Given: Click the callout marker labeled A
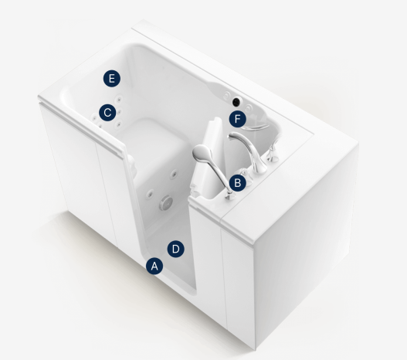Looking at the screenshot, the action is click(x=154, y=266).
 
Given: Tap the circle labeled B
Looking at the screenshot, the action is click(x=238, y=183).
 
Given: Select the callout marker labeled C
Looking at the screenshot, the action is click(x=107, y=113).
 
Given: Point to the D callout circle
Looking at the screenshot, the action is click(x=176, y=249).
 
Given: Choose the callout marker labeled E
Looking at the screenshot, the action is click(x=112, y=78).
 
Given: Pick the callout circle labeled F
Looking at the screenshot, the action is click(x=238, y=119).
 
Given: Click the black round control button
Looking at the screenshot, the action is click(x=236, y=102).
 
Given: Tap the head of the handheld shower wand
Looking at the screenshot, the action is click(x=202, y=153).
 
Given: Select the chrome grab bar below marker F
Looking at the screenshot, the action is click(x=256, y=127).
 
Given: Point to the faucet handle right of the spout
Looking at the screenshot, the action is click(x=273, y=153).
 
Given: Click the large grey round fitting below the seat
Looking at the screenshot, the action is click(x=165, y=202).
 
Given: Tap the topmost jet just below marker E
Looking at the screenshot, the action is click(x=119, y=99).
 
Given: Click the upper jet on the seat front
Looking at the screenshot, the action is click(x=174, y=174).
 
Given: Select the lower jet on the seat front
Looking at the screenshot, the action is click(x=150, y=193).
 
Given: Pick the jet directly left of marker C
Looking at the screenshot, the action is click(x=94, y=119).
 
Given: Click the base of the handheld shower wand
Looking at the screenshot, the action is click(x=229, y=196).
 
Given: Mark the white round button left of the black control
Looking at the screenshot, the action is click(x=227, y=94).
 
